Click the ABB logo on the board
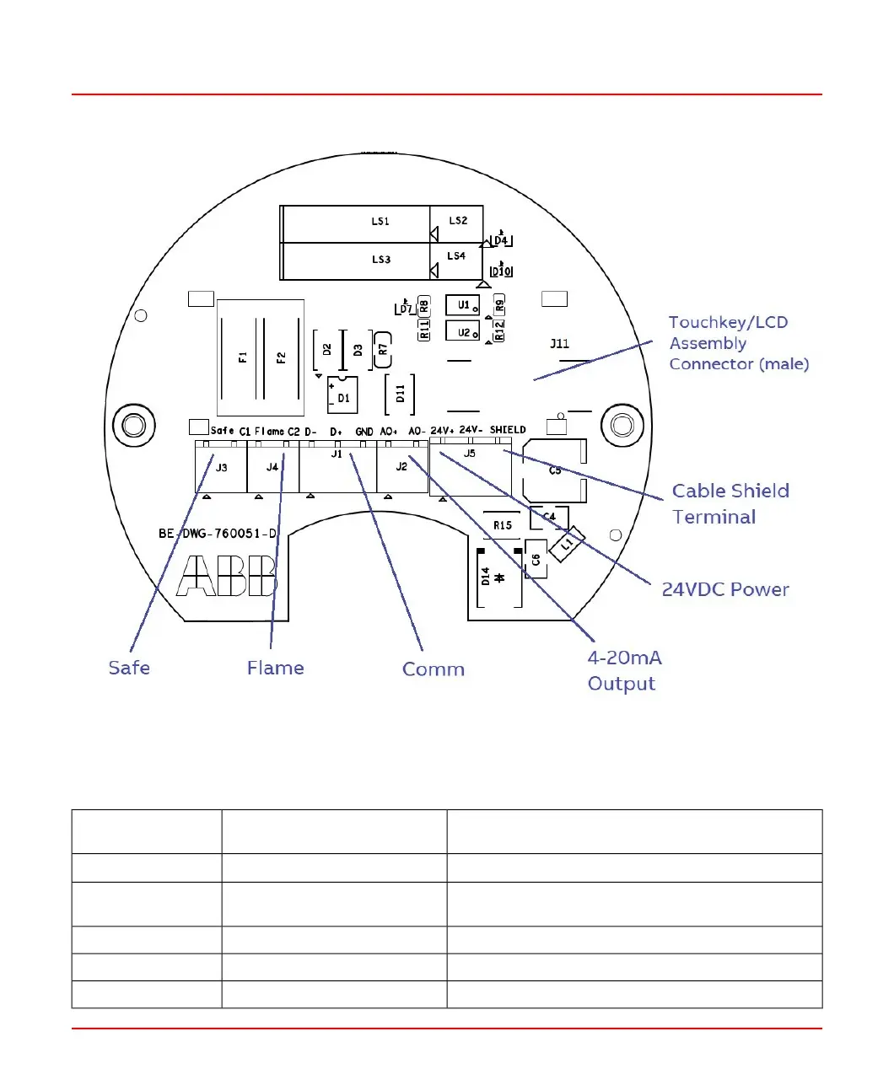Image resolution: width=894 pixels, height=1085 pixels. point(227,576)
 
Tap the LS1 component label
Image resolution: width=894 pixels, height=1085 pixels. point(380,222)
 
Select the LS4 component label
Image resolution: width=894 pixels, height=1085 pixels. point(456,256)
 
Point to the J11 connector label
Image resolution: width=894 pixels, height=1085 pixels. point(560,344)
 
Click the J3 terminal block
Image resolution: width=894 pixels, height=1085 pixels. point(221,467)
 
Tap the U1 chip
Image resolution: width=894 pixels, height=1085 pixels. point(463,305)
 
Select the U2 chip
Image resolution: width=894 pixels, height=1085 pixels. point(463,332)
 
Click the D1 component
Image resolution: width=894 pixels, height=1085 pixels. point(343,396)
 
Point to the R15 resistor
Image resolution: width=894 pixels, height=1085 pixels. point(503,525)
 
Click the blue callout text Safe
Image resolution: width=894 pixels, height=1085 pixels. point(129,668)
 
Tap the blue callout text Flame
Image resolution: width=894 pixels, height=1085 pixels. point(275,668)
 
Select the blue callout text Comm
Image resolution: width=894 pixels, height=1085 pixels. point(434,669)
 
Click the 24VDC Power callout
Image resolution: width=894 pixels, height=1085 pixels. point(725,589)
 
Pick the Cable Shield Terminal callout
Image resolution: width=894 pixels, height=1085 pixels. point(730,504)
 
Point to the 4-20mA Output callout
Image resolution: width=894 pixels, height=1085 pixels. point(624,670)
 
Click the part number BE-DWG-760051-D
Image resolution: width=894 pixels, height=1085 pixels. point(218,534)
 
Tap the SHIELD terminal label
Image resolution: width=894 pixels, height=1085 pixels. point(508,430)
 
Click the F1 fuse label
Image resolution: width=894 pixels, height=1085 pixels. point(243,357)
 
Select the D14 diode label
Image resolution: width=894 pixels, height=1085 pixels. point(486,577)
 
